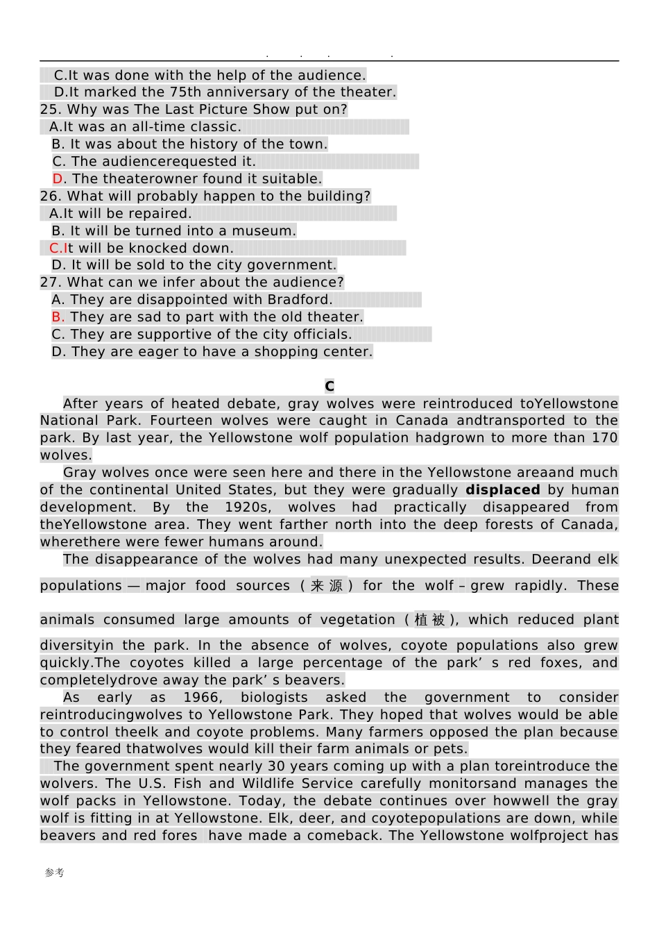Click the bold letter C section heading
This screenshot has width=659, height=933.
(x=329, y=387)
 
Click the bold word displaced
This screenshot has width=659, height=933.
(x=502, y=490)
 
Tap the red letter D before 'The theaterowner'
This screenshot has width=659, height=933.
(x=58, y=179)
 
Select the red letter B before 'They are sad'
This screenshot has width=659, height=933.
(x=58, y=317)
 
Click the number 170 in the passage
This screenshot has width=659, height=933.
(x=604, y=438)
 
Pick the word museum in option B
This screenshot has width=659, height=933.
(x=267, y=231)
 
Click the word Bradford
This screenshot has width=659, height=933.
(x=302, y=300)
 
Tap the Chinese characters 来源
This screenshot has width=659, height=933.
(x=327, y=586)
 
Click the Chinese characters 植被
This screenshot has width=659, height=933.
(x=430, y=620)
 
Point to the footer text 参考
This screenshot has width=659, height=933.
(x=55, y=873)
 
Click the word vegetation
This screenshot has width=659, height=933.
(x=358, y=620)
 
